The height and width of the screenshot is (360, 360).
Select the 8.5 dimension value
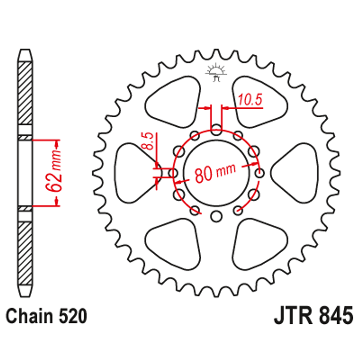pos(148,142)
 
